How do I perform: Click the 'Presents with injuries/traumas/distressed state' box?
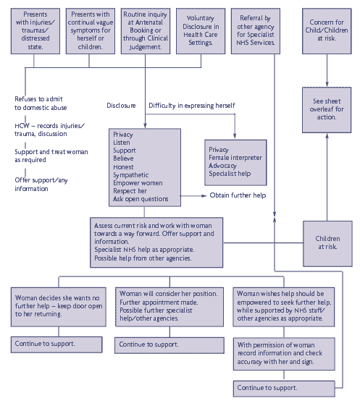pyautogui.click(x=35, y=31)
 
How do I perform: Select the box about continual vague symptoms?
pyautogui.click(x=91, y=31)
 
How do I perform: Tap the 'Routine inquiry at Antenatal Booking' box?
pyautogui.click(x=146, y=31)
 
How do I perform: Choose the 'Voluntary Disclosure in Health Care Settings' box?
pyautogui.click(x=201, y=31)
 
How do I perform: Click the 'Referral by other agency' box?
pyautogui.click(x=256, y=31)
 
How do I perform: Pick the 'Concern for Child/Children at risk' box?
pyautogui.click(x=327, y=31)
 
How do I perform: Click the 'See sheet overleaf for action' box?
pyautogui.click(x=327, y=110)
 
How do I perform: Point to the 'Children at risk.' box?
pyautogui.click(x=327, y=244)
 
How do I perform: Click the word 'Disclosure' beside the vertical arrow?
pyautogui.click(x=121, y=106)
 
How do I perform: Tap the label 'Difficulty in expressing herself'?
pyautogui.click(x=192, y=106)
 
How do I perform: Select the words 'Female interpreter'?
pyautogui.click(x=235, y=158)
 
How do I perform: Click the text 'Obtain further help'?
pyautogui.click(x=238, y=195)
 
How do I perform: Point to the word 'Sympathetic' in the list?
pyautogui.click(x=131, y=175)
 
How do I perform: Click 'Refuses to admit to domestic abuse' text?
pyautogui.click(x=41, y=103)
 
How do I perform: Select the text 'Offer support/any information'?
pyautogui.click(x=41, y=185)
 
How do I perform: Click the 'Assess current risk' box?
pyautogui.click(x=156, y=242)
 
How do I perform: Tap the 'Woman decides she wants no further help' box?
pyautogui.click(x=59, y=307)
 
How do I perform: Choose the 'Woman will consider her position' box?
pyautogui.click(x=169, y=307)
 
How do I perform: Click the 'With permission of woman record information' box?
pyautogui.click(x=284, y=354)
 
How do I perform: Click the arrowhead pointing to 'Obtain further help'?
pyautogui.click(x=204, y=195)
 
